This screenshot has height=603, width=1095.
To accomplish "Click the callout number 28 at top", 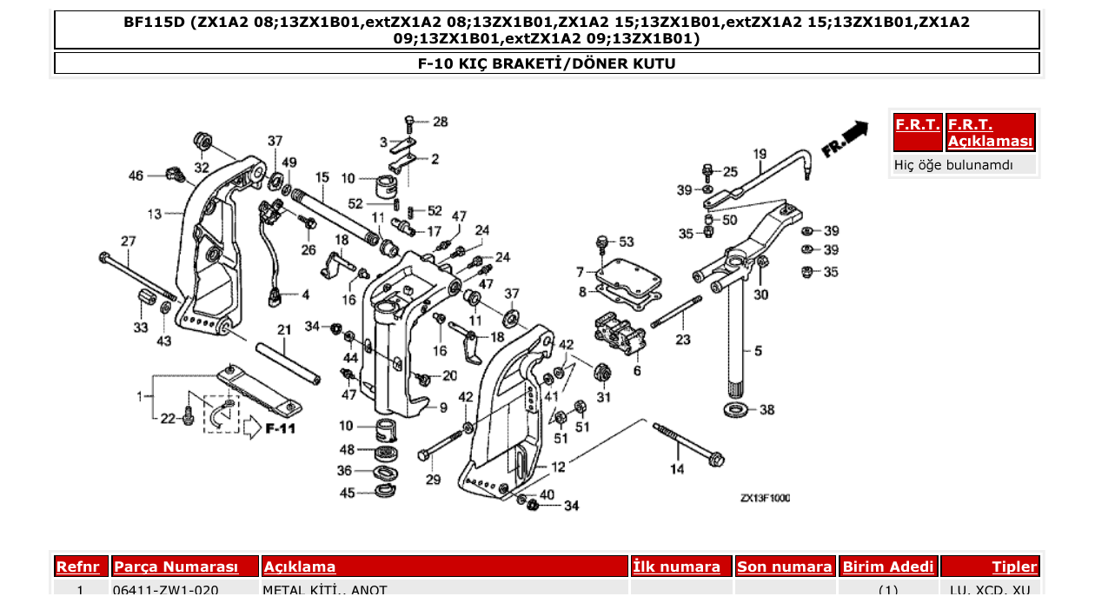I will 441,122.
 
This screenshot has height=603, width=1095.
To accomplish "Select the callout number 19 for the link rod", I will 760,155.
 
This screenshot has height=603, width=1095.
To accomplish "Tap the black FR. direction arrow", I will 855,130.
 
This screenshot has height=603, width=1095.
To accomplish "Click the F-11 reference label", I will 281,428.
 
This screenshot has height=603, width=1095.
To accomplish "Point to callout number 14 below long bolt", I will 677,469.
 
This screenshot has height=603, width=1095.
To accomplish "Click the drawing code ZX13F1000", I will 765,499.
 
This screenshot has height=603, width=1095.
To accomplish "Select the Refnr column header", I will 81,567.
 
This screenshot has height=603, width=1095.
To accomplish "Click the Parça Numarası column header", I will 176,567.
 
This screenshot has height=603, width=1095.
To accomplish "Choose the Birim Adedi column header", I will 888,567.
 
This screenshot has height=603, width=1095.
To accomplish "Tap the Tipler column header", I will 1014,567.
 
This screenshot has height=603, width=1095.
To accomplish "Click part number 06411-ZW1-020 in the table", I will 165,591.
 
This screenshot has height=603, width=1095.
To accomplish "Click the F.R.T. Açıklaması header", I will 991,133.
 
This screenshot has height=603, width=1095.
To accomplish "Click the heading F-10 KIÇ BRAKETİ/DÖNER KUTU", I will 547,63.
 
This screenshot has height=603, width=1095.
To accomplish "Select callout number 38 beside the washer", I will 766,409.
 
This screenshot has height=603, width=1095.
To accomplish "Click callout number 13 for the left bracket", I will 155,214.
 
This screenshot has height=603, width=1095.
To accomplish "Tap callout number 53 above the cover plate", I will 626,242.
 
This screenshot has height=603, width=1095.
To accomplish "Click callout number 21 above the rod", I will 284,330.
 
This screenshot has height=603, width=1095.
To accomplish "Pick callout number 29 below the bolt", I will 432,480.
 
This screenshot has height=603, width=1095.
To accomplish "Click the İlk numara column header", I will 676,567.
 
